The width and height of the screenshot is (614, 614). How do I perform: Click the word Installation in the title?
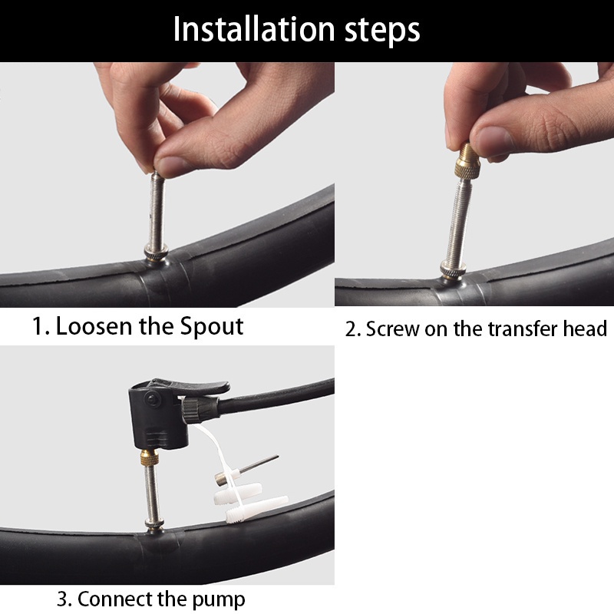(x=254, y=28)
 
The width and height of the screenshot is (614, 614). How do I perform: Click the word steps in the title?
(x=382, y=31)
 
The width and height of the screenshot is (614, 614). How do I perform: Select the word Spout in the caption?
(x=212, y=327)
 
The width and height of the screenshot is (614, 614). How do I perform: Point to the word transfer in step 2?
(x=523, y=328)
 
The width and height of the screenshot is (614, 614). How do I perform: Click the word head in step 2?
(x=585, y=328)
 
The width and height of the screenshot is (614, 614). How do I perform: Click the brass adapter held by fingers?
(x=468, y=160)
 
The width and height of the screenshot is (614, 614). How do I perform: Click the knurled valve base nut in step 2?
(x=453, y=269)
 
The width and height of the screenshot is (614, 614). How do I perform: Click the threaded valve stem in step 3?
(x=151, y=494)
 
